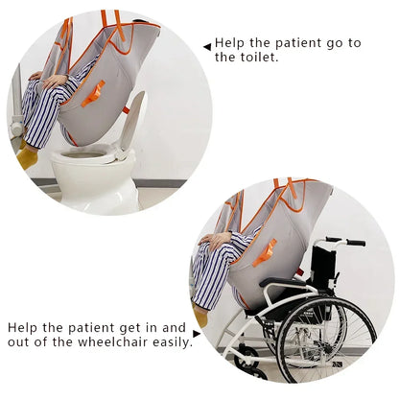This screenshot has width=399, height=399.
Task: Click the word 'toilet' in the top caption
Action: pyautogui.click(x=237, y=58)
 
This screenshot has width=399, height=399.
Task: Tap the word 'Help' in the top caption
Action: pyautogui.click(x=230, y=43)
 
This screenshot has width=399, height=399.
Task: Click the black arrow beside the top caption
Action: pyautogui.click(x=206, y=45)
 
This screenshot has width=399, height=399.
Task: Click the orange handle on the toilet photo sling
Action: pyautogui.click(x=93, y=93)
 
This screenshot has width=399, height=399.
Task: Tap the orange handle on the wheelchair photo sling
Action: pyautogui.click(x=263, y=252)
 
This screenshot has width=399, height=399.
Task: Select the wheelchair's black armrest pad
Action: pyautogui.click(x=278, y=283)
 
